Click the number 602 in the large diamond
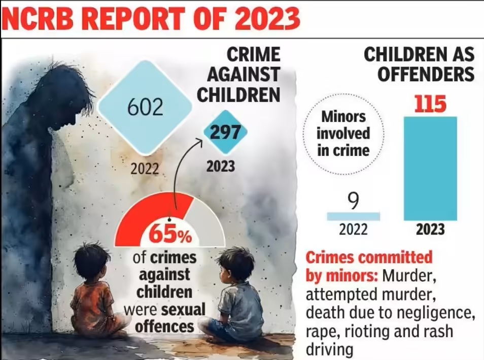(x=146, y=108)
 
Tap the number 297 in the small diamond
(x=225, y=133)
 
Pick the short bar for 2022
(x=353, y=216)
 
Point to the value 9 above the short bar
(x=353, y=201)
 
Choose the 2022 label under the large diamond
(x=145, y=169)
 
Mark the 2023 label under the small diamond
(x=221, y=166)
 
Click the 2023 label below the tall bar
(x=430, y=230)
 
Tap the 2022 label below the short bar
(x=353, y=230)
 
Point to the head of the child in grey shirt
(x=236, y=264)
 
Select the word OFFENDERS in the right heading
(x=419, y=75)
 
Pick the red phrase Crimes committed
(x=369, y=257)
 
